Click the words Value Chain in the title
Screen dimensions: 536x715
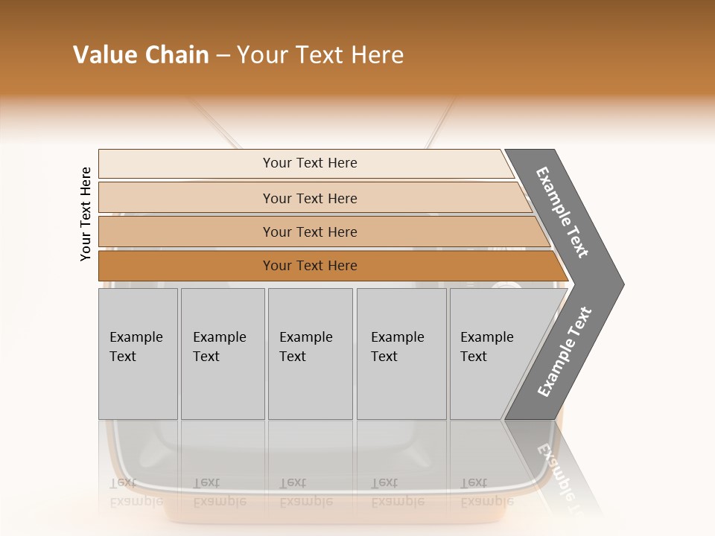(141, 55)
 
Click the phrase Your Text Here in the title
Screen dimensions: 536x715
(320, 55)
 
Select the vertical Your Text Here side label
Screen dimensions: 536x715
(86, 214)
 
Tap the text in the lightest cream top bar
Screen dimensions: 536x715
(310, 163)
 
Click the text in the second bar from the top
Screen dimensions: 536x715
(310, 199)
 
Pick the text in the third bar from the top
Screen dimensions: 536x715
(310, 232)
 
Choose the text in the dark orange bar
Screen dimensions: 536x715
(310, 266)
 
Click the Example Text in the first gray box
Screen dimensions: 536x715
(136, 347)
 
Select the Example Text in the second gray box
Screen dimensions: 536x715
(219, 347)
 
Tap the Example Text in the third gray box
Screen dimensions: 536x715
(305, 347)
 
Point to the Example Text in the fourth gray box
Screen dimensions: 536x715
(397, 347)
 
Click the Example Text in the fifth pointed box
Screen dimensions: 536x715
(486, 347)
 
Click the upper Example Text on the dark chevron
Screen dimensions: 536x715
(562, 212)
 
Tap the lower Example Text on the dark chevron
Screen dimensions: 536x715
(565, 352)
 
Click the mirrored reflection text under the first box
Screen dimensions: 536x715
(136, 492)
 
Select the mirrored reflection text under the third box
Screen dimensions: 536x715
(305, 492)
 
